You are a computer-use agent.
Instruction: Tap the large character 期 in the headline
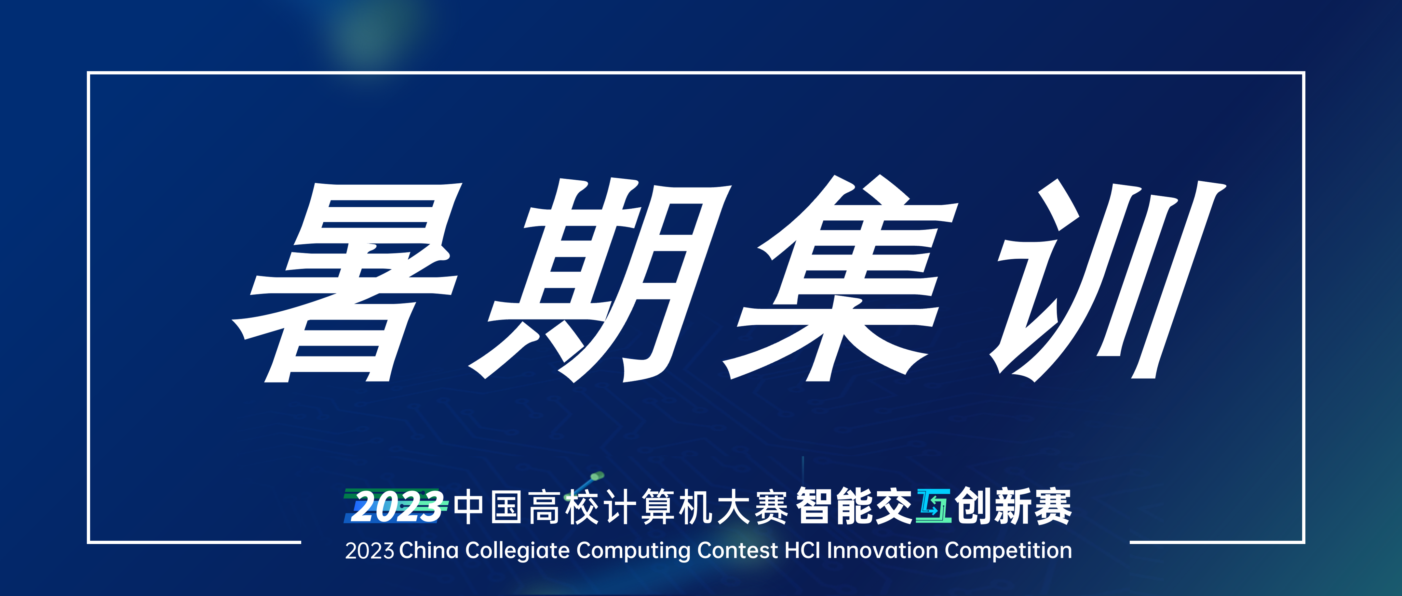[x=599, y=280]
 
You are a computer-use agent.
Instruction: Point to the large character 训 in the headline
[x=1108, y=280]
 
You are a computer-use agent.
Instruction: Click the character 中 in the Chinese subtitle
[x=469, y=507]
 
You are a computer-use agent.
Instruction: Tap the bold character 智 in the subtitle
[x=814, y=506]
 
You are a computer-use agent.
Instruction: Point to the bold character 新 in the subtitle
[x=1013, y=506]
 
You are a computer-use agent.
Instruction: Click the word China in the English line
[x=429, y=550]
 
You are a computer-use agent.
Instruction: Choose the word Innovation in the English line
[x=883, y=550]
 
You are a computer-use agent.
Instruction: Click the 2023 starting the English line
[x=370, y=551]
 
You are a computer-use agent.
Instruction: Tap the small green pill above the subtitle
[x=597, y=476]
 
